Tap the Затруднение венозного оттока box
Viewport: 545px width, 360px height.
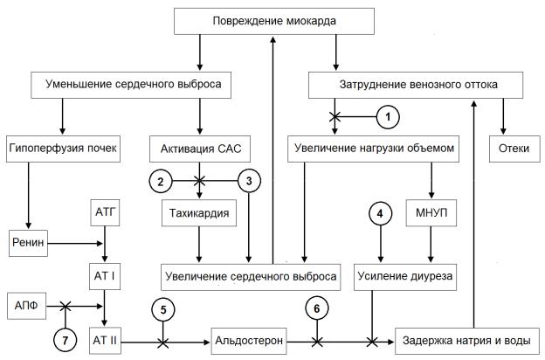(x=418, y=86)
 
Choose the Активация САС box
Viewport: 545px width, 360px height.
(x=200, y=149)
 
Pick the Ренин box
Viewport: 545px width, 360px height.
(x=31, y=239)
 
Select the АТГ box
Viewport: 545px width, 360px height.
(x=106, y=212)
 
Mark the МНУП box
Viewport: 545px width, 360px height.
(x=427, y=212)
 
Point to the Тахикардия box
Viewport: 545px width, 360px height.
(x=199, y=212)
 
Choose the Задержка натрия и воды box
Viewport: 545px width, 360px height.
(x=466, y=339)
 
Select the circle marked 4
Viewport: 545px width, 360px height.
(x=380, y=212)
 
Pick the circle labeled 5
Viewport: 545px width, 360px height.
(x=163, y=308)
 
